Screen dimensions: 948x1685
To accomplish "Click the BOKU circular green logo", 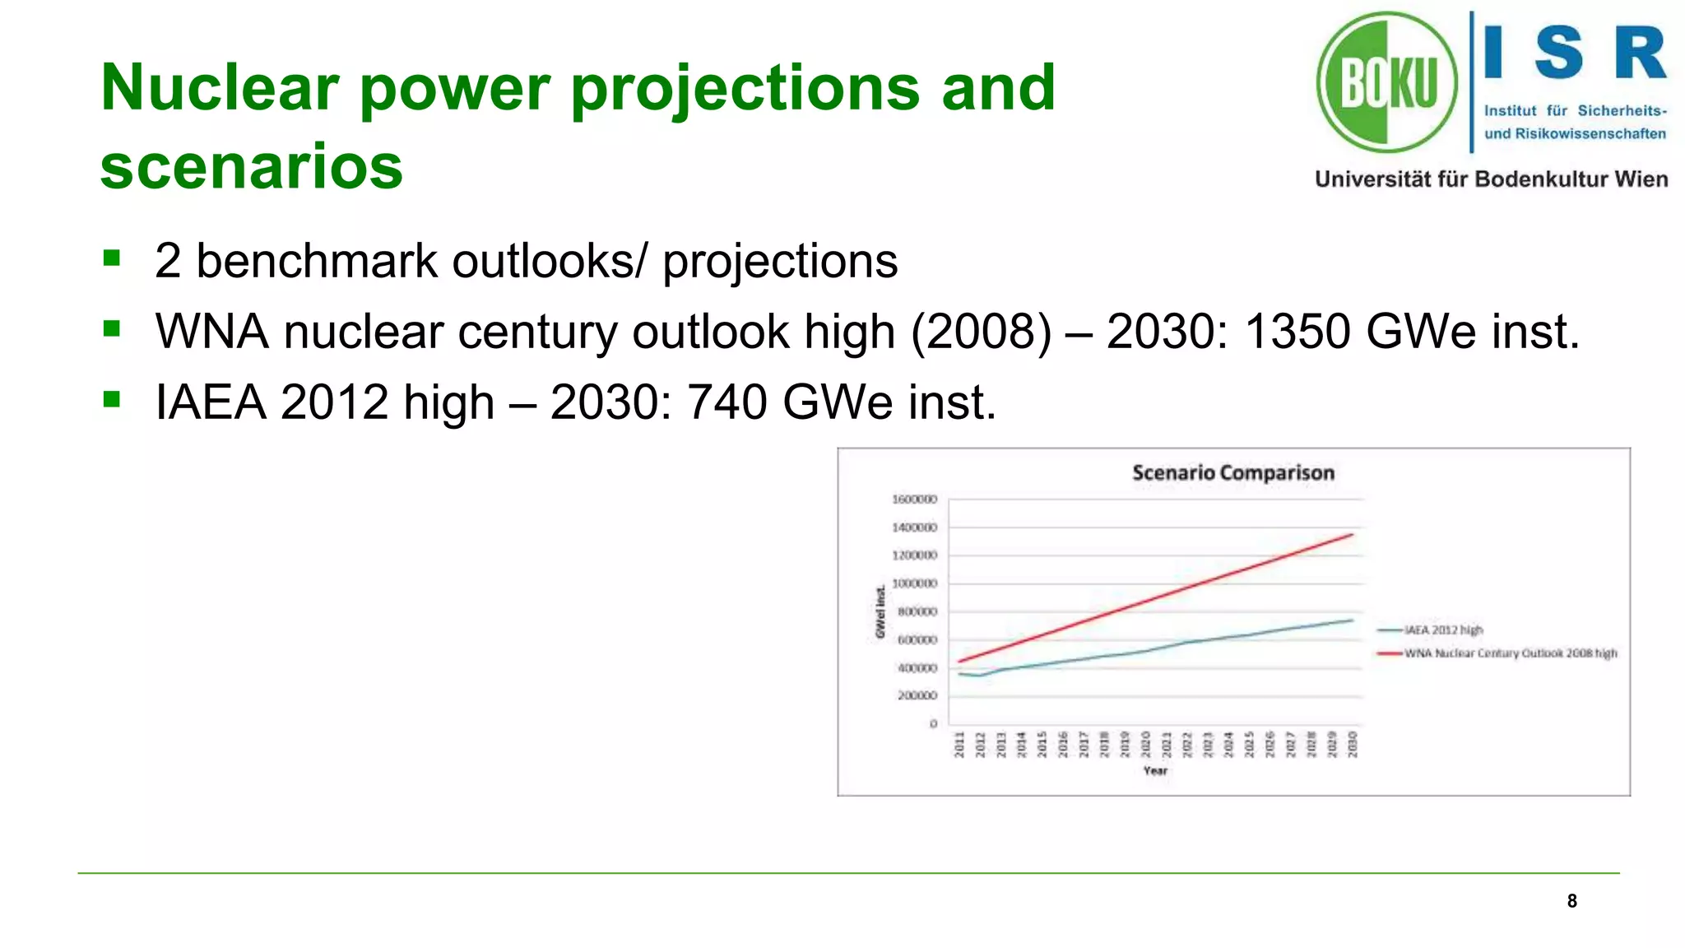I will (1386, 82).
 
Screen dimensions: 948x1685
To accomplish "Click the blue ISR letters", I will (1575, 53).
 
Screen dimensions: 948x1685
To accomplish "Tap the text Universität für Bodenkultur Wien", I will (1491, 179).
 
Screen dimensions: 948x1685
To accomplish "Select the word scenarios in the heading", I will (251, 167).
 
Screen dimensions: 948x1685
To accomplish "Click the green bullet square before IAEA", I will (112, 400).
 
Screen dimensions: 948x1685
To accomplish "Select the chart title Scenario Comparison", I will (1232, 473).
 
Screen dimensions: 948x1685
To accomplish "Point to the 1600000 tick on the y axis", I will (914, 500).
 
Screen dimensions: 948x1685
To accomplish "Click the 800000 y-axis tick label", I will (917, 612).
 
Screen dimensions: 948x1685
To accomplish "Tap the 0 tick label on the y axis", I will (933, 724).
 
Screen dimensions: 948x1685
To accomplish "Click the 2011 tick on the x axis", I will (959, 744).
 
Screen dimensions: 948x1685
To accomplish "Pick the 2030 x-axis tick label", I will (1353, 744).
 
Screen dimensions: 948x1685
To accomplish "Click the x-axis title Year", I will (1155, 771).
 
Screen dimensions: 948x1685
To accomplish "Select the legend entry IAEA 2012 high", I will (1443, 630).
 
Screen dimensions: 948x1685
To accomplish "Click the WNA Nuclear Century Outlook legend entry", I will (1510, 653).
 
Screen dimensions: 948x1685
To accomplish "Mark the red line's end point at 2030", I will (1353, 535).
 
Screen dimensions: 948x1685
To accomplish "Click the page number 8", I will (1571, 901).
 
